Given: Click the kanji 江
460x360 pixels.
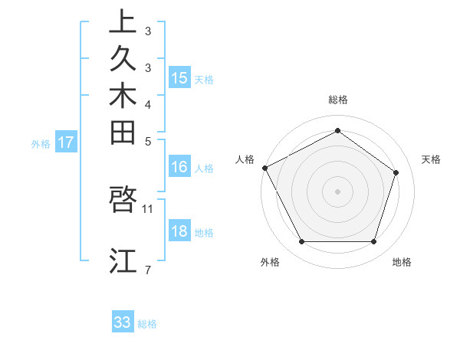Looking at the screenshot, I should point(123,260).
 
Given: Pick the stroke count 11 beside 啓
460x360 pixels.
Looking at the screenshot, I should point(148,208).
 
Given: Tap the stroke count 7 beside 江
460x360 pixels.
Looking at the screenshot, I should point(148,269).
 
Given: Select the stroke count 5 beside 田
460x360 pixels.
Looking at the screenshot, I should point(148,141).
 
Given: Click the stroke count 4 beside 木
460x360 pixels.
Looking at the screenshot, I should point(148,103).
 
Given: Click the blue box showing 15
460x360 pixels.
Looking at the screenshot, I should point(179,77).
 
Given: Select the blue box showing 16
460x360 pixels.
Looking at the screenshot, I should point(179,168).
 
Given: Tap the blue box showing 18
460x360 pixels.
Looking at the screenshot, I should point(179,231).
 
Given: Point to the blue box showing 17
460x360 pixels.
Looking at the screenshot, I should point(66,142).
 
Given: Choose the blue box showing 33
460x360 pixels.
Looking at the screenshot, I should point(123,322).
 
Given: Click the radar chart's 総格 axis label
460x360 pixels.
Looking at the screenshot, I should point(338,100).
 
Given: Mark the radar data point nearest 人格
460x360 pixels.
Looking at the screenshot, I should point(264,168).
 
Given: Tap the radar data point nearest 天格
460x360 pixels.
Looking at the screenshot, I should point(396,172).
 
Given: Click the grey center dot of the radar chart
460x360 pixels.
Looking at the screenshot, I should point(337,191).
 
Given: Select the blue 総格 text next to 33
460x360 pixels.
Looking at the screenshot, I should point(147,324).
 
